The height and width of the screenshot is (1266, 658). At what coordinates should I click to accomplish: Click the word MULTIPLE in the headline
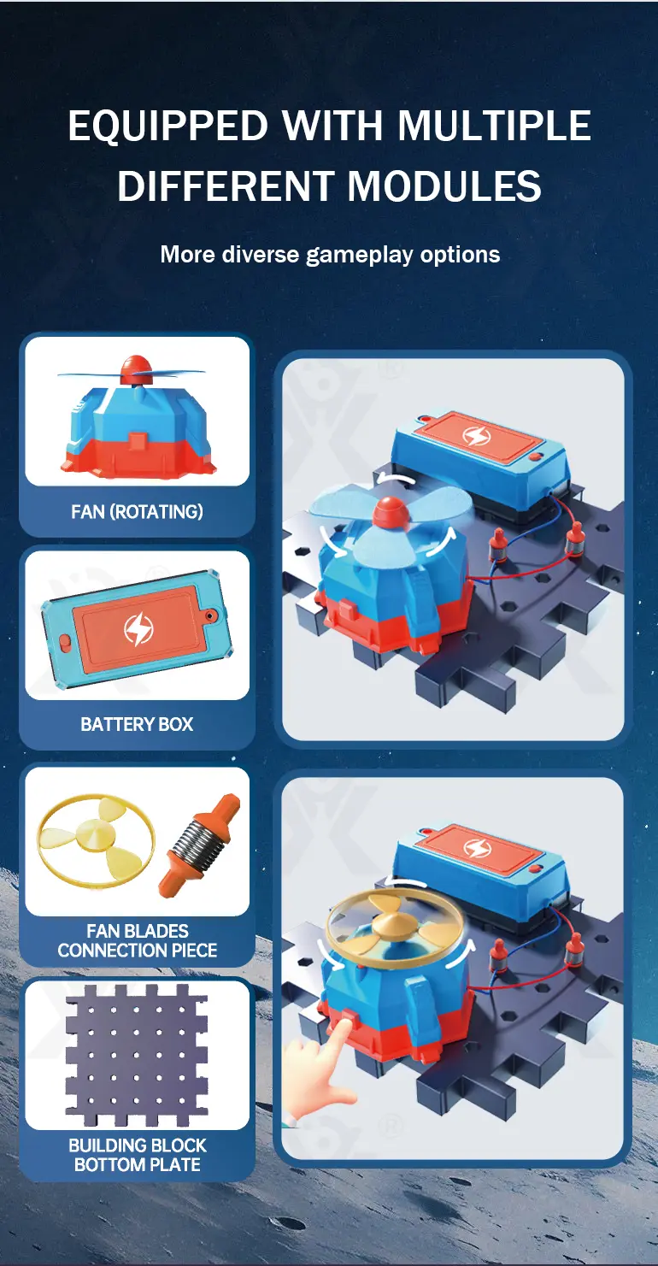coord(495,126)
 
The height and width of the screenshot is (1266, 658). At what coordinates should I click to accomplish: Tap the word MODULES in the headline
coord(444,185)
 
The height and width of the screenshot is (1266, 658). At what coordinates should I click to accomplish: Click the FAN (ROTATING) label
coord(138,511)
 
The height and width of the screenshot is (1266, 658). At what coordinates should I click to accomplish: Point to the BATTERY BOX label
coord(138,724)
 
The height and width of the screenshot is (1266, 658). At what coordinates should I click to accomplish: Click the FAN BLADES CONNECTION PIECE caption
coord(138,940)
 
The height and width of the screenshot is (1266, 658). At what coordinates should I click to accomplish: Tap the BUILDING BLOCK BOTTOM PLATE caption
coord(138,1155)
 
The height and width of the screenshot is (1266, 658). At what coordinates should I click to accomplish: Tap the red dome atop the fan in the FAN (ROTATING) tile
coord(137,368)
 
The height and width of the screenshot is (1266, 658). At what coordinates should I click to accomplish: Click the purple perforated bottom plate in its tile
coord(137,1055)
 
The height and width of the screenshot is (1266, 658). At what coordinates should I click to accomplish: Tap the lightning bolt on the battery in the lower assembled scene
coord(477,846)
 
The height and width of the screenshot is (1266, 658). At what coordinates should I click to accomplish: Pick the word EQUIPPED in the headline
coord(167,126)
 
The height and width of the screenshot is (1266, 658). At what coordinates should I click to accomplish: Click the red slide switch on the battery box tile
coord(66,645)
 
